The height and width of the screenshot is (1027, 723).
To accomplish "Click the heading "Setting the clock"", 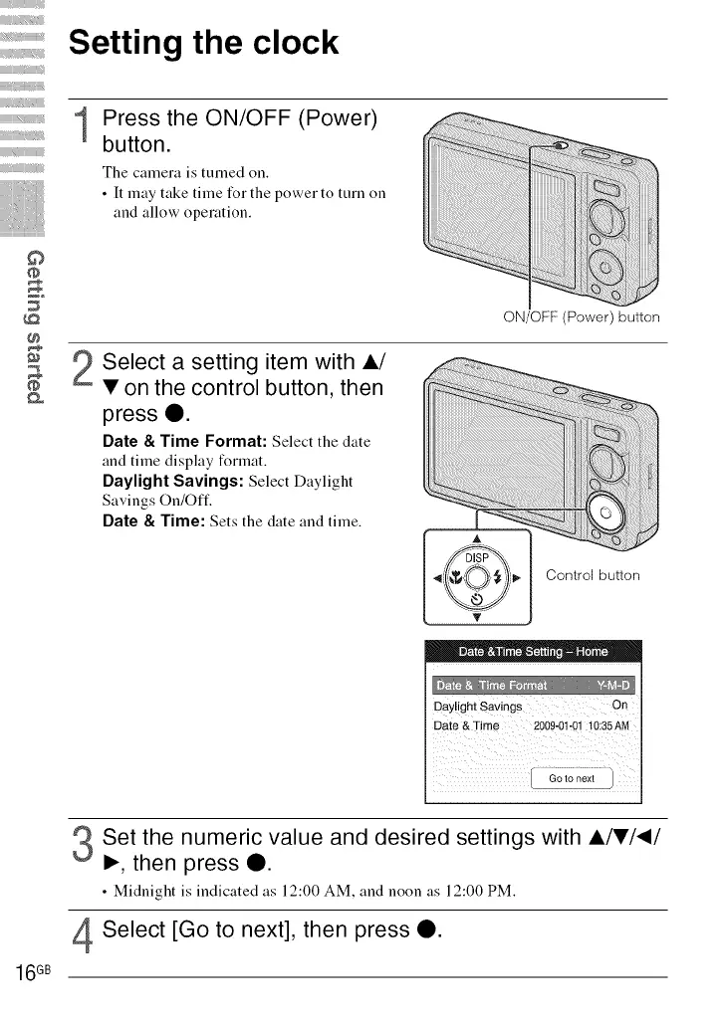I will [x=203, y=44].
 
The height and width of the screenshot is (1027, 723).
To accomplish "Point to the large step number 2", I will [x=85, y=372].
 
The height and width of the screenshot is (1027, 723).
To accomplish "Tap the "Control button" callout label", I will [x=593, y=575].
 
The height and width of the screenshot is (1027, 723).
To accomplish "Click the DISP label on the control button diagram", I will [x=476, y=557].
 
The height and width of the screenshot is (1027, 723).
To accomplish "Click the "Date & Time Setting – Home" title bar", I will [x=533, y=653].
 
